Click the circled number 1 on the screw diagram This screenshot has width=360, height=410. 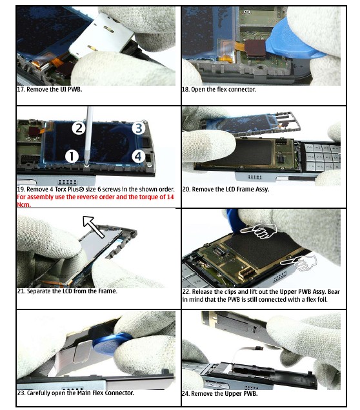72,156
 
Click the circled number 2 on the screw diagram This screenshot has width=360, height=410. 79,128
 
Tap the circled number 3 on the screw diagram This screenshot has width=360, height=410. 139,128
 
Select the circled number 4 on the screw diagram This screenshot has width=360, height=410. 138,156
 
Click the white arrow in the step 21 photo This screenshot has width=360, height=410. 94,226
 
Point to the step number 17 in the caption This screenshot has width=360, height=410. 21,89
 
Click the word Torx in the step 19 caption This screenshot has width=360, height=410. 61,189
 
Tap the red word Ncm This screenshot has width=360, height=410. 24,204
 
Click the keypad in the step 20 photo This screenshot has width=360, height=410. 320,157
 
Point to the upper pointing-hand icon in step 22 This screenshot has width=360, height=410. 259,231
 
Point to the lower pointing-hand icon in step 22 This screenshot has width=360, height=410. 299,262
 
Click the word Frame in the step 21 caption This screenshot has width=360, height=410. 107,291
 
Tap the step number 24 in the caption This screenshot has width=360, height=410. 186,393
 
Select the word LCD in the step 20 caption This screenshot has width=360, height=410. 231,189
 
